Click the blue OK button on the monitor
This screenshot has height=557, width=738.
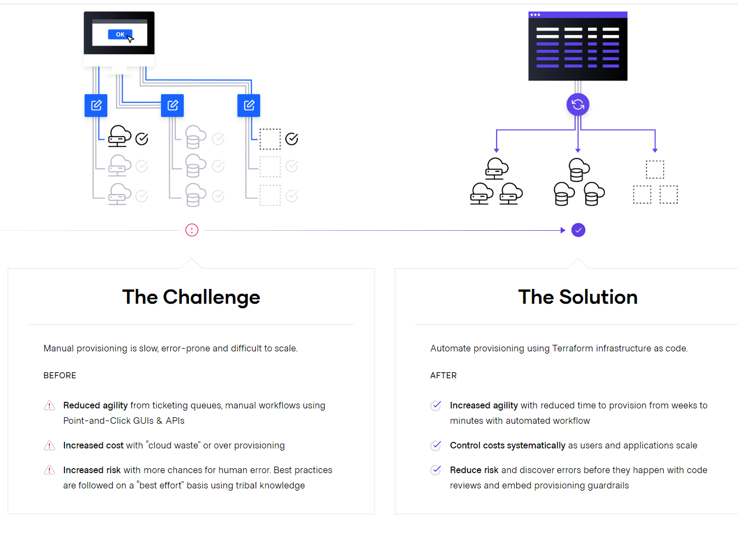pyautogui.click(x=119, y=35)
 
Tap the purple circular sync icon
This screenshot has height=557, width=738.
pyautogui.click(x=578, y=104)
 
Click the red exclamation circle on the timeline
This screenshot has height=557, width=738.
pyautogui.click(x=192, y=230)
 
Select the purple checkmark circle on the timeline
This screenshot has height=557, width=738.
pyautogui.click(x=578, y=230)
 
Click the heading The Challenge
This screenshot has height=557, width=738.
pyautogui.click(x=191, y=297)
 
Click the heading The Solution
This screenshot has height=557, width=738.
pyautogui.click(x=578, y=297)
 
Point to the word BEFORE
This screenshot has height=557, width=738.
pyautogui.click(x=60, y=376)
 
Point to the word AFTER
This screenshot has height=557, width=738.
pyautogui.click(x=443, y=376)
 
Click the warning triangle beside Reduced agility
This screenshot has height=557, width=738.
pyautogui.click(x=49, y=406)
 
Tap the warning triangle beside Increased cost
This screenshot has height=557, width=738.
pyautogui.click(x=49, y=446)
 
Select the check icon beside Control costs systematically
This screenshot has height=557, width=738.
pyautogui.click(x=436, y=446)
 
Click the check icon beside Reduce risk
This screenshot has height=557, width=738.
pyautogui.click(x=436, y=470)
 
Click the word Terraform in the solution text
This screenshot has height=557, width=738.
pyautogui.click(x=573, y=348)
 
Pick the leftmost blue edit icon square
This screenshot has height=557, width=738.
pyautogui.click(x=96, y=105)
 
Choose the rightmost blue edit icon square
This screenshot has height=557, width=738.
pyautogui.click(x=249, y=105)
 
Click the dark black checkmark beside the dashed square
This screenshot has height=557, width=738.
pyautogui.click(x=292, y=139)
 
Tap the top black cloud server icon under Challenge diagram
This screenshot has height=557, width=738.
pyautogui.click(x=119, y=136)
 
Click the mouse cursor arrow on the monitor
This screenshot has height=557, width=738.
pyautogui.click(x=130, y=38)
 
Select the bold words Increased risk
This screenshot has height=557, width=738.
pyautogui.click(x=91, y=470)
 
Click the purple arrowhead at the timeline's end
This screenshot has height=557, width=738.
pyautogui.click(x=563, y=230)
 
